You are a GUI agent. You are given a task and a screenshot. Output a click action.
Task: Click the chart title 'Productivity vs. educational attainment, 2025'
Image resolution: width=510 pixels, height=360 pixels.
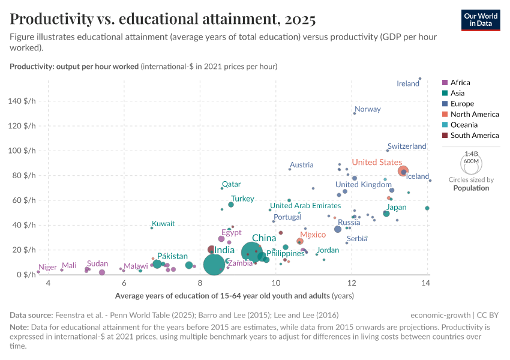click(x=163, y=19)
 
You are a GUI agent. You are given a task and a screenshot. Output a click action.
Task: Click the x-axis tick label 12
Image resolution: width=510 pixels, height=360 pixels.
click(x=351, y=283)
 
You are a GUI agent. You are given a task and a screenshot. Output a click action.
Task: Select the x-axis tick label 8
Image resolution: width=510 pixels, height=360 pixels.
click(x=200, y=283)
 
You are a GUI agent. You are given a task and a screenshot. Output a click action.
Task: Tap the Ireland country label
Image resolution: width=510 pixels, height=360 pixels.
click(x=408, y=84)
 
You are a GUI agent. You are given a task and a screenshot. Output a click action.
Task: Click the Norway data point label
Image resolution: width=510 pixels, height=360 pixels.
click(x=368, y=109)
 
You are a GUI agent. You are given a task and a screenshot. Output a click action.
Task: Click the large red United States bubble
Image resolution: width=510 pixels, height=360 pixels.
click(x=403, y=171)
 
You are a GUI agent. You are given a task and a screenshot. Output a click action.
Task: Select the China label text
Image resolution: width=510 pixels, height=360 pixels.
click(x=263, y=238)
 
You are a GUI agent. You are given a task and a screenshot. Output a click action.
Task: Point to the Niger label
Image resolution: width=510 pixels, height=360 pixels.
click(x=47, y=268)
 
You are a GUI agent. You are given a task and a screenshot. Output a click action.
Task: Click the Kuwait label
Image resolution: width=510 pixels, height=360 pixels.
click(x=163, y=224)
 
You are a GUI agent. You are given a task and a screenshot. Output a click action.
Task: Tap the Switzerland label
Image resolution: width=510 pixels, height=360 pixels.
click(x=407, y=146)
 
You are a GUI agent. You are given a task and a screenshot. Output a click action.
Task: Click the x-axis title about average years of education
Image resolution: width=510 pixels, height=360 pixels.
click(x=234, y=295)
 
